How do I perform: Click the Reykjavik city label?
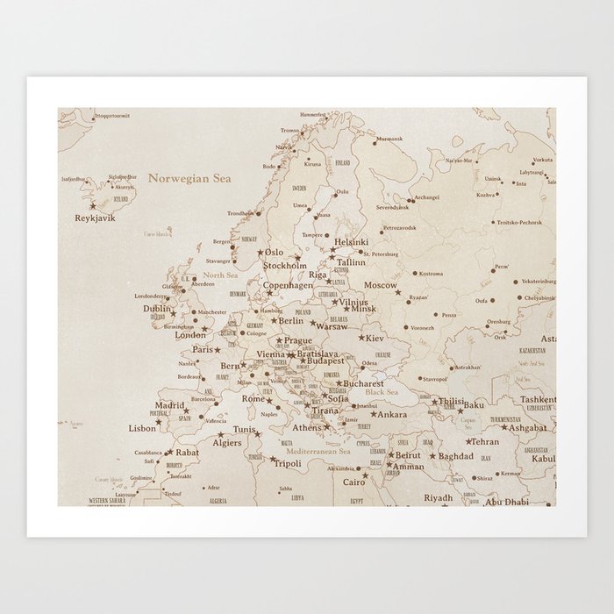tap(96, 218)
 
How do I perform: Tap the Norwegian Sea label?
tap(189, 178)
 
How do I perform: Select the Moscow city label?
tap(381, 285)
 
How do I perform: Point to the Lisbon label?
tap(141, 428)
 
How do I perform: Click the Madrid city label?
tap(169, 405)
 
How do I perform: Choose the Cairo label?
tap(353, 482)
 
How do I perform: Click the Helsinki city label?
tap(352, 242)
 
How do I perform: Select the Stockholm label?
tap(285, 265)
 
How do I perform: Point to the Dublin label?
tap(156, 309)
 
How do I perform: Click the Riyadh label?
tap(439, 497)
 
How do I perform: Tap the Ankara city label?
tap(392, 414)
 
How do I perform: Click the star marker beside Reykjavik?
tap(92, 207)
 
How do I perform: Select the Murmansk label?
tap(389, 139)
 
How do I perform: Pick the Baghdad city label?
tap(455, 456)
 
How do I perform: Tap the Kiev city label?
tap(374, 338)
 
